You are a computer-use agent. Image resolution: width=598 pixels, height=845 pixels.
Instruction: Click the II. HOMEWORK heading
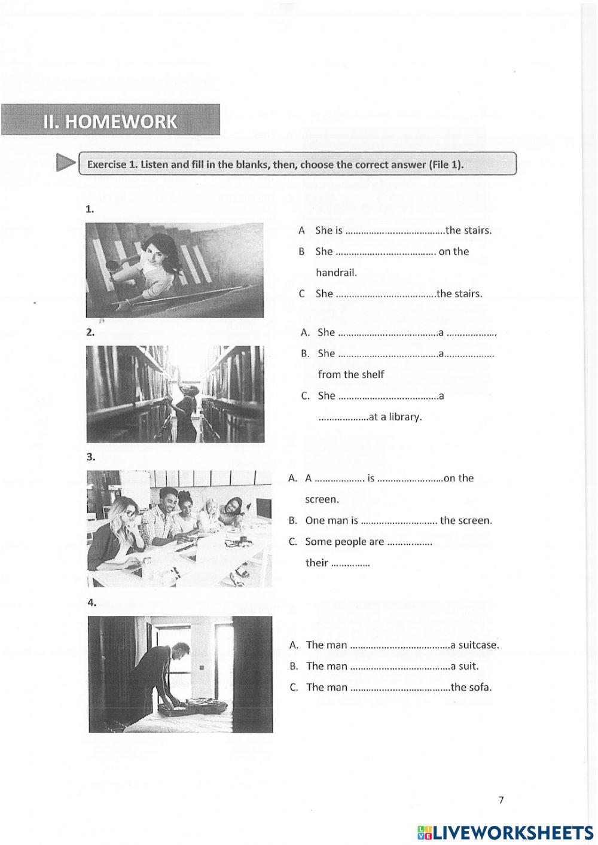click(x=110, y=121)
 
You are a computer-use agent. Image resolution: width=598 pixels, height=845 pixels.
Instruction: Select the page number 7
click(x=501, y=800)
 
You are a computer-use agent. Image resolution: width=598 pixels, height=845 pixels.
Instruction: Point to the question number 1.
click(x=90, y=209)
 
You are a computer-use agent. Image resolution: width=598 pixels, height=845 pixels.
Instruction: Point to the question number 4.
click(x=91, y=603)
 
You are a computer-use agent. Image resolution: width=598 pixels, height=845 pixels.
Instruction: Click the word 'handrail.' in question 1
click(x=336, y=272)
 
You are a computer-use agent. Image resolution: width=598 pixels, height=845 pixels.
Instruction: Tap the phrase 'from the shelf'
click(x=350, y=374)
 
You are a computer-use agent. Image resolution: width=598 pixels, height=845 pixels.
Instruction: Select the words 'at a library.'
click(x=395, y=417)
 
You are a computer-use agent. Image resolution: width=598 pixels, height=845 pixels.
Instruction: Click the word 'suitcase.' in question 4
click(x=478, y=645)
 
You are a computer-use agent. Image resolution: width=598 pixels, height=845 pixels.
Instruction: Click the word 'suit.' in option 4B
click(x=468, y=666)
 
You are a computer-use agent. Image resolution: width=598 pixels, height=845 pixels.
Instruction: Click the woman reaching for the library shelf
click(x=186, y=407)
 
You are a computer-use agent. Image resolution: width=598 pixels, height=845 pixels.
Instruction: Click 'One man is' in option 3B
click(x=331, y=520)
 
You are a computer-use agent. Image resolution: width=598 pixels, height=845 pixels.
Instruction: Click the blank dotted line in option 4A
click(x=399, y=645)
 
